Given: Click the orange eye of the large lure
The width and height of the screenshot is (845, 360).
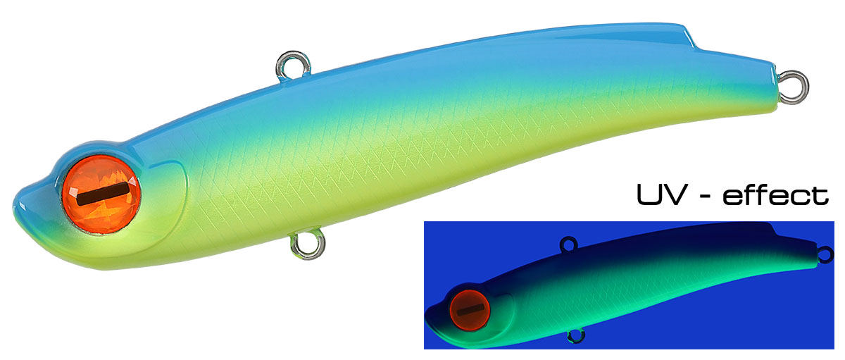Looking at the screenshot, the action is (101, 194).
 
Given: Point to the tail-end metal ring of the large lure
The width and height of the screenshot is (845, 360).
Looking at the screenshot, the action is (794, 87).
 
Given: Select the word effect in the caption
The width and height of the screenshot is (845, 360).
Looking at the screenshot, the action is (776, 194).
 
